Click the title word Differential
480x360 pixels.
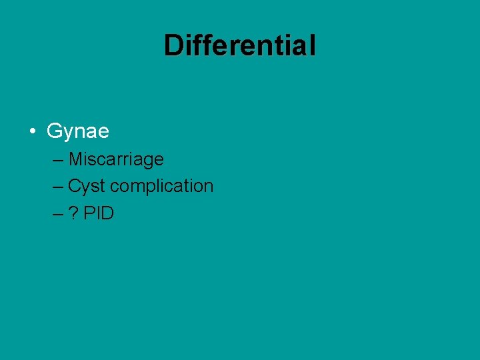tap(240, 45)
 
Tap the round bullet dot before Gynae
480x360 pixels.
tap(32, 131)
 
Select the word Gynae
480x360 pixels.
tap(78, 131)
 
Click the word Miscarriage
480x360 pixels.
tap(116, 160)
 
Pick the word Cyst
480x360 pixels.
tap(87, 187)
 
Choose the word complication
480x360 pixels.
tap(162, 187)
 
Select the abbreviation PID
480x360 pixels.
tap(99, 213)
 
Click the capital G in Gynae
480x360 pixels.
tap(54, 131)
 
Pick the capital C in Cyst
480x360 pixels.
tap(74, 187)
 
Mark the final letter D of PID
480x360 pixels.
tap(108, 213)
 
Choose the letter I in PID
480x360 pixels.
tap(98, 213)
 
